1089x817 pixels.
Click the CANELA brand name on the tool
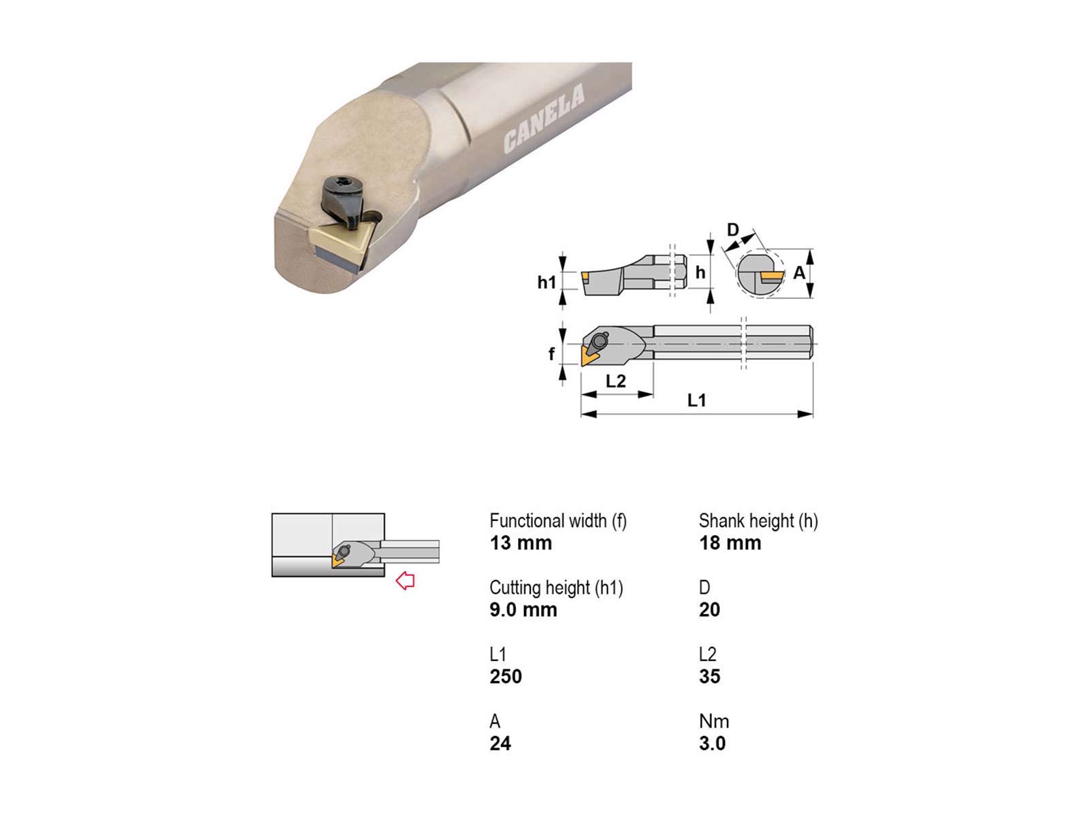pos(544,118)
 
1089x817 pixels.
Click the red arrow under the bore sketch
pos(406,580)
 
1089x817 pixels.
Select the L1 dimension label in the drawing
pos(696,400)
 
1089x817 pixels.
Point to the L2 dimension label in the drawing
pos(616,381)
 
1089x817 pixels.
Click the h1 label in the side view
pos(547,283)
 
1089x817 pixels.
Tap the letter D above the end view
pos(733,229)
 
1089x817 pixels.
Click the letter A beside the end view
pos(799,272)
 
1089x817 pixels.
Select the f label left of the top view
pos(551,353)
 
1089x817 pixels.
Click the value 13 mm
pos(521,543)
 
